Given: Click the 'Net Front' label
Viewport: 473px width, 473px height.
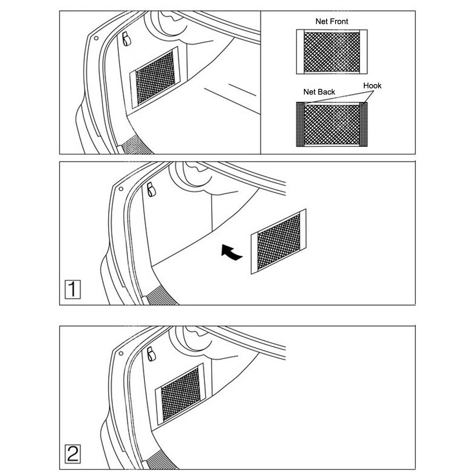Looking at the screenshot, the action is coord(331,22).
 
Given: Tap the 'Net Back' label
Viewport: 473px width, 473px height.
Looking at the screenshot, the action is coord(319,92).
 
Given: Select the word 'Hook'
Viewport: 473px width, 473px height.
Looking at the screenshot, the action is coord(372,86).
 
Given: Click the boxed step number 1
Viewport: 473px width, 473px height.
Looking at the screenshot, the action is coord(72,289).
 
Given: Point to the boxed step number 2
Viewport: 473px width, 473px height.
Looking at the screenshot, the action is coord(72,454).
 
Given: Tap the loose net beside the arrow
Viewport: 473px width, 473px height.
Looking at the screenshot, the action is coord(278,242).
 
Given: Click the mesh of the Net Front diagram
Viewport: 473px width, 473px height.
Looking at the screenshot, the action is coord(332,52).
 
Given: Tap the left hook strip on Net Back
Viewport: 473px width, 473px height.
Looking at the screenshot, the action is coord(300,124).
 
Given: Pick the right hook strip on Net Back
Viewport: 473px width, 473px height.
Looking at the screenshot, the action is coord(363,124).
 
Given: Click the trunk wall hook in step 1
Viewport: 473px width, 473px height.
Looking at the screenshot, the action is coord(151,190).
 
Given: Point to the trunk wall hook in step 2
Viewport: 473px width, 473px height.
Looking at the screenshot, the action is coord(151,354).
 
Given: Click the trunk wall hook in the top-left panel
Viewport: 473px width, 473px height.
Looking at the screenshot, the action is coord(126,39).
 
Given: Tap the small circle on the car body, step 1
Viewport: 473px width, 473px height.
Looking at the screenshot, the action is coord(121,189).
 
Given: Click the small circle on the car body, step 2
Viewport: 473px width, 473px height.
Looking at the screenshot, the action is coord(121,353).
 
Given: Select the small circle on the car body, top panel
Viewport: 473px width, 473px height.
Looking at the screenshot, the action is coord(96,38).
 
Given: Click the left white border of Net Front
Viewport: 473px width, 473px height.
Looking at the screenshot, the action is coord(300,52).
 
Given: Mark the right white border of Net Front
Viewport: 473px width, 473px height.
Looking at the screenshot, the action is coord(363,52).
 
